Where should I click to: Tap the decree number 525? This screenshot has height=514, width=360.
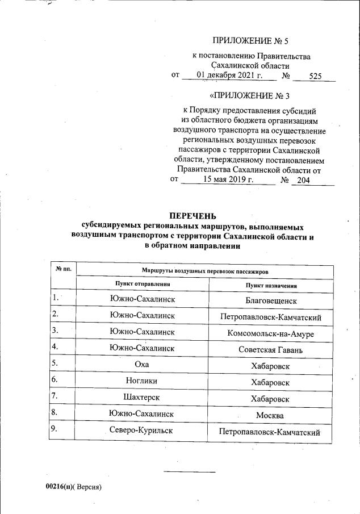coord(315,76)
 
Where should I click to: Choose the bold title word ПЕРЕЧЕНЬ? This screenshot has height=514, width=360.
coord(193,216)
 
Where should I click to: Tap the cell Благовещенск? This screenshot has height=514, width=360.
coord(271,299)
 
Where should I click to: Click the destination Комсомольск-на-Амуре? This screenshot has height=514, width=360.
coord(271,333)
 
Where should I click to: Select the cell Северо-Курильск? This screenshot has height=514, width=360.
coord(142,432)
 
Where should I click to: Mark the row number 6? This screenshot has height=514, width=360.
coord(55,381)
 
